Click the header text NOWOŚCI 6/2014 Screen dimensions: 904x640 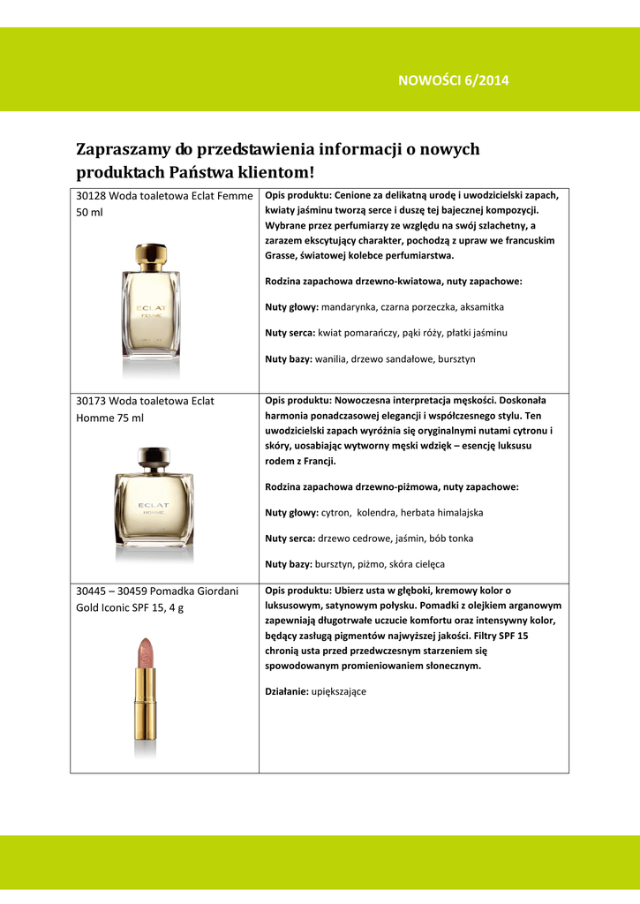tap(454, 81)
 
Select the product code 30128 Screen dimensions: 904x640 tap(92, 196)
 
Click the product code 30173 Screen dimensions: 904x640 tap(92, 401)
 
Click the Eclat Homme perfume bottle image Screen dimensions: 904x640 tap(154, 503)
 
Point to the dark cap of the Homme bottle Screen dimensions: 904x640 tap(154, 459)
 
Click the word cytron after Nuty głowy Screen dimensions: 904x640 tap(335, 512)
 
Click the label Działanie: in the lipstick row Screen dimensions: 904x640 tap(286, 692)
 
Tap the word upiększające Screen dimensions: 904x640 tap(338, 692)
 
